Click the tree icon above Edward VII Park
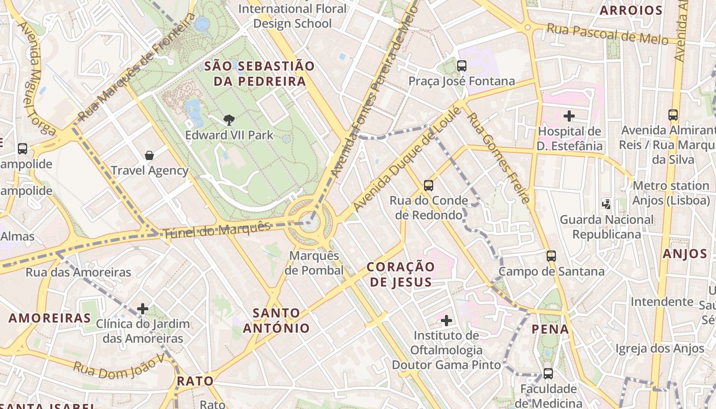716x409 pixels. (229, 120)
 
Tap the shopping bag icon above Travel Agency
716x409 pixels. (149, 155)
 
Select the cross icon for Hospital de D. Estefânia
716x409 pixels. (569, 116)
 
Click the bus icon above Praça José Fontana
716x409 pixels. (462, 66)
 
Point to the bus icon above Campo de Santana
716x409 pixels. (551, 256)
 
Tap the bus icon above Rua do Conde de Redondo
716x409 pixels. (429, 185)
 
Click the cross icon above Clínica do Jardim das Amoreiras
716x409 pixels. (143, 309)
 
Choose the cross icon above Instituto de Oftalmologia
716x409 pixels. (446, 321)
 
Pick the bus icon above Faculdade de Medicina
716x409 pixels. (548, 373)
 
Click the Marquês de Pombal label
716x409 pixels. (314, 263)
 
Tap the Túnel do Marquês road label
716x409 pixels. (217, 230)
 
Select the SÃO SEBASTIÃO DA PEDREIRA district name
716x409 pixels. (259, 74)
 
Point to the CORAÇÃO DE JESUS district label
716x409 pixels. (401, 274)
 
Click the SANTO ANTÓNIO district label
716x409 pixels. (276, 321)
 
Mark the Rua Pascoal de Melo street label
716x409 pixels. (608, 34)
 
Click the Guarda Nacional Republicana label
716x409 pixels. (607, 227)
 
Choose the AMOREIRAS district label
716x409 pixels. (50, 318)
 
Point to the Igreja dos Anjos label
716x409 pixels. (660, 349)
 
